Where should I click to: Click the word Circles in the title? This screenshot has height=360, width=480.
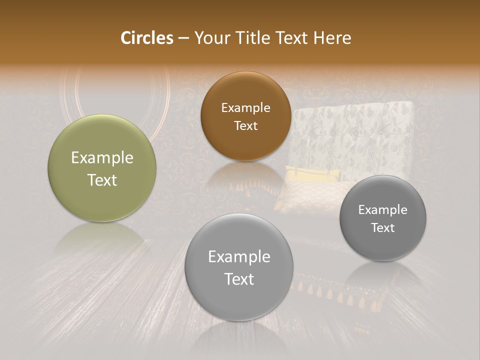[x=146, y=38]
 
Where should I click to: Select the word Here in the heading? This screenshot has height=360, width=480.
[x=332, y=38]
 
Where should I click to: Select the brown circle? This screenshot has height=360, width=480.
[x=245, y=90]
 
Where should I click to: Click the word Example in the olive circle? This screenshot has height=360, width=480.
[x=102, y=158]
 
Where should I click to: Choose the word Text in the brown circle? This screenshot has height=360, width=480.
[x=245, y=125]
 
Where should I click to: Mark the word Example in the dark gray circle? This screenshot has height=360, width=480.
[x=383, y=209]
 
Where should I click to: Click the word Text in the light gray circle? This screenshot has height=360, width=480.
[x=239, y=279]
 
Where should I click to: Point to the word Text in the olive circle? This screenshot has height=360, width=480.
[x=102, y=180]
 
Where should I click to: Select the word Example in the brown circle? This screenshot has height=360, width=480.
[x=245, y=108]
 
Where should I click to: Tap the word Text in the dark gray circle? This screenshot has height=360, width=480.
[x=383, y=227]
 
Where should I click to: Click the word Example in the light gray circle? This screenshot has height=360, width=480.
[x=239, y=257]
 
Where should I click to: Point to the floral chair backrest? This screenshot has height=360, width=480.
[x=353, y=132]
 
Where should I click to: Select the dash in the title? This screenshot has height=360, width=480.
[x=183, y=38]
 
